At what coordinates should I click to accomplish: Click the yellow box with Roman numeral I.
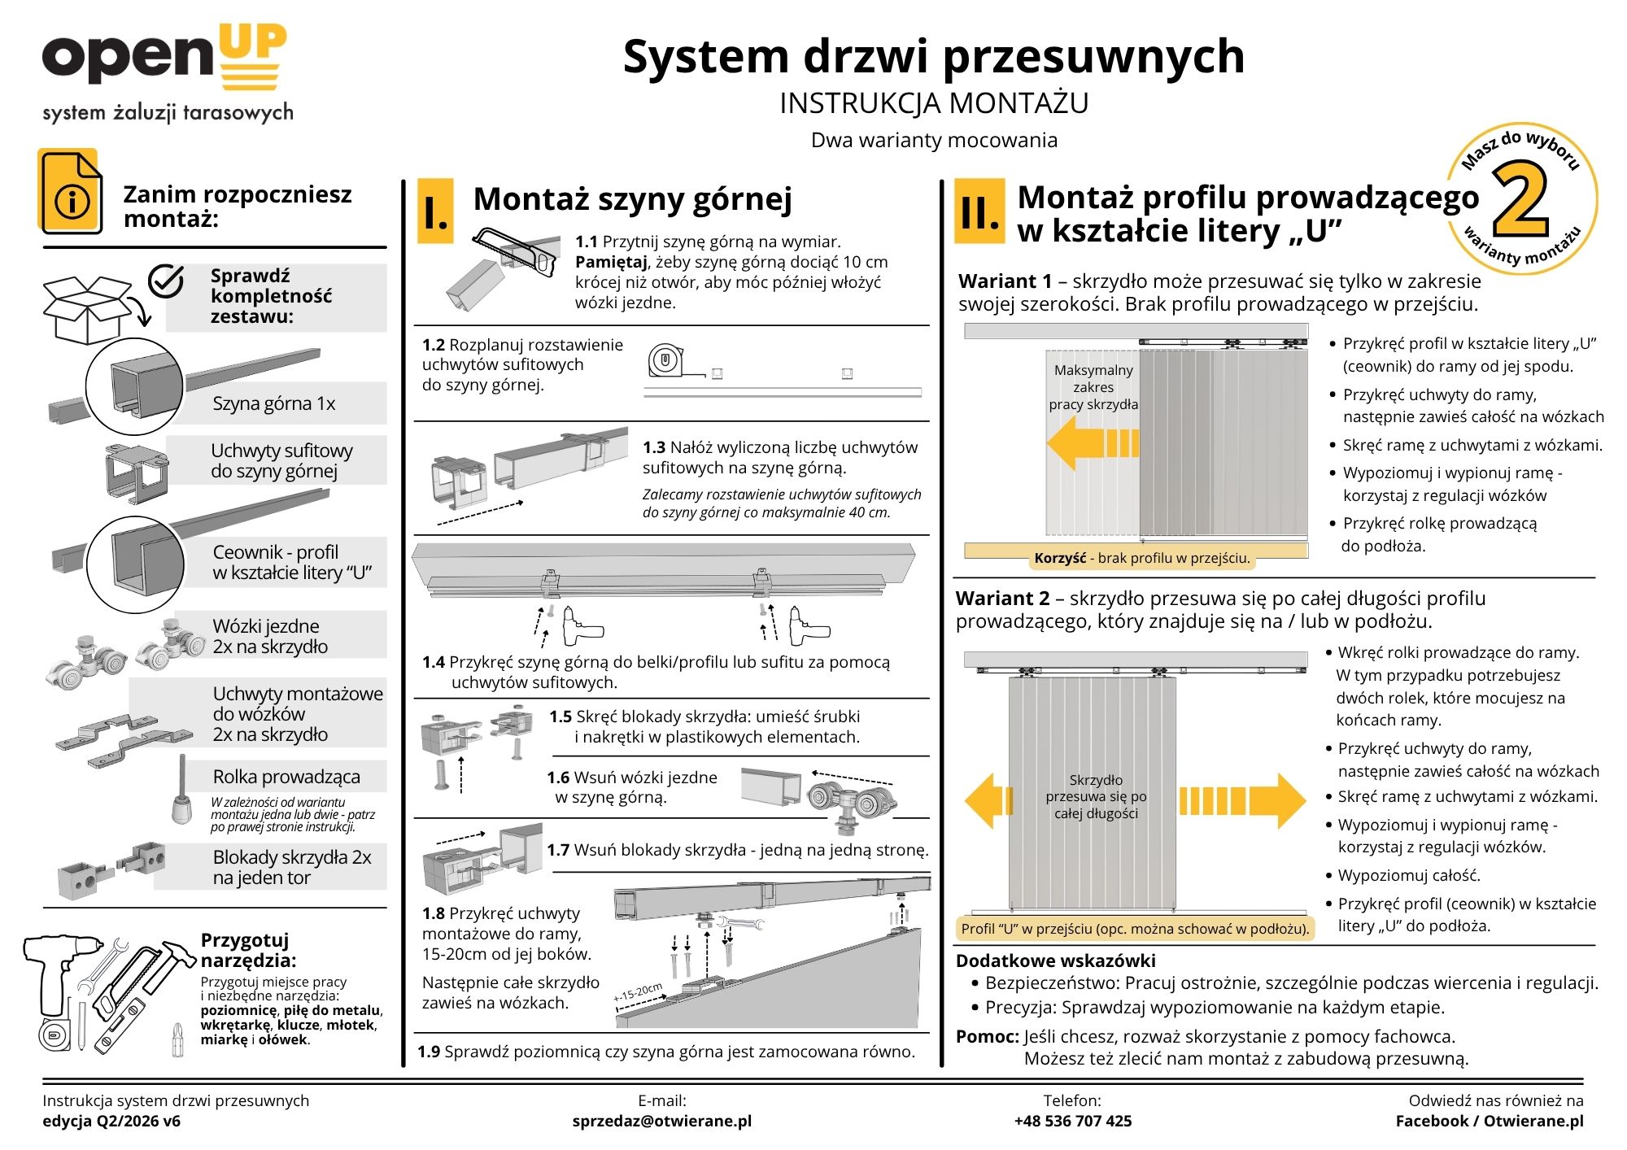pyautogui.click(x=435, y=211)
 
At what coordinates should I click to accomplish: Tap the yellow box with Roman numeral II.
pyautogui.click(x=979, y=211)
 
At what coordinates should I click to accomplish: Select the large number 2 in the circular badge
pyautogui.click(x=1519, y=200)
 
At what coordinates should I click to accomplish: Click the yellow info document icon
pyautogui.click(x=71, y=192)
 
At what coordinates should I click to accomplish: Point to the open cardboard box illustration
pyautogui.click(x=87, y=309)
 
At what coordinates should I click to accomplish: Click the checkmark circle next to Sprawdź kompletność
pyautogui.click(x=166, y=281)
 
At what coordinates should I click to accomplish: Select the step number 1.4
pyautogui.click(x=433, y=662)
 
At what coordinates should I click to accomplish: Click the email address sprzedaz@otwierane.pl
pyautogui.click(x=661, y=1121)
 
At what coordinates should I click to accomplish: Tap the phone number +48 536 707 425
pyautogui.click(x=1072, y=1121)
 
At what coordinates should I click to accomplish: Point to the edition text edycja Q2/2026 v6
pyautogui.click(x=111, y=1121)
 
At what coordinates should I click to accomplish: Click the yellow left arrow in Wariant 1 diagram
pyautogui.click(x=1090, y=443)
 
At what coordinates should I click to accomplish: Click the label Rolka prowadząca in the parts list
pyautogui.click(x=286, y=777)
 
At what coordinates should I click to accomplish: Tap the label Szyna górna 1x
pyautogui.click(x=273, y=403)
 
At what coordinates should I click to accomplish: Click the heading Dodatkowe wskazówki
pyautogui.click(x=1055, y=961)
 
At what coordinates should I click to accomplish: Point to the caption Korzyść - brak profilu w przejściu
pyautogui.click(x=1141, y=558)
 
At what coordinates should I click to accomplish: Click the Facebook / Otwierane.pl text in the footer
pyautogui.click(x=1489, y=1121)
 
